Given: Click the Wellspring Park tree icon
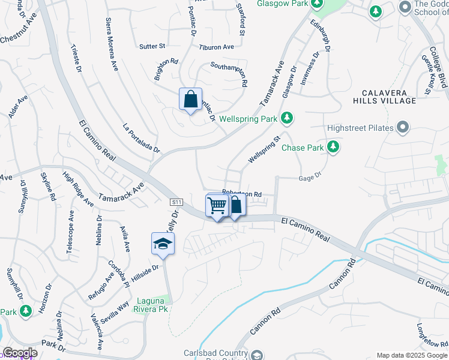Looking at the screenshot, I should [288, 118].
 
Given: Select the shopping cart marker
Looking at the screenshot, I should [217, 205].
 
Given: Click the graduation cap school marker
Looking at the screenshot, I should [162, 243].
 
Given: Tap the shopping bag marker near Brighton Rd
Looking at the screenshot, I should [190, 99].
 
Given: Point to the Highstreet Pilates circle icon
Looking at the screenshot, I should [403, 128].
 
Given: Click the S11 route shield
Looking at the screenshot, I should [176, 203].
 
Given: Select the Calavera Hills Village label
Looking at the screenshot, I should [389, 97].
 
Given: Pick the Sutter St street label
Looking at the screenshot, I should [152, 46].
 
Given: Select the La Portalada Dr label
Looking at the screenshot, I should [141, 138].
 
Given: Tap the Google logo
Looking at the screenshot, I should [20, 353].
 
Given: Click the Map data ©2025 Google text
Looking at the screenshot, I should [411, 355].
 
